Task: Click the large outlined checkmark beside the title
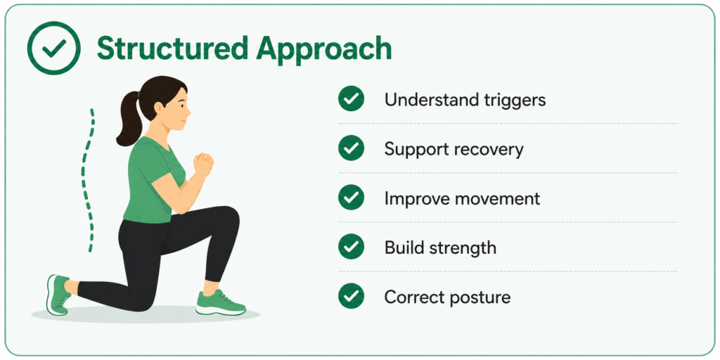tap(53, 48)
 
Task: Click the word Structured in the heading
tap(168, 48)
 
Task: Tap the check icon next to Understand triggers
tap(352, 99)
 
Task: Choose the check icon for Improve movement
tap(352, 198)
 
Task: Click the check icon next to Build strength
tap(352, 247)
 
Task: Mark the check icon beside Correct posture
tap(352, 296)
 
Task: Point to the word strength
tap(464, 248)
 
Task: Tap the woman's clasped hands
tap(203, 164)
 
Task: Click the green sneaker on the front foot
tap(220, 303)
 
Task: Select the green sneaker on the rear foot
tap(58, 295)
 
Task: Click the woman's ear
tap(159, 108)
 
